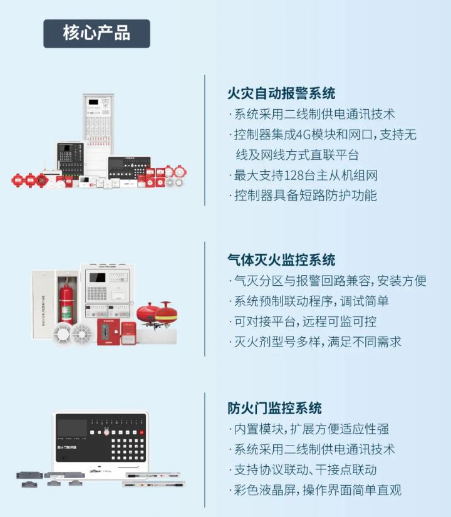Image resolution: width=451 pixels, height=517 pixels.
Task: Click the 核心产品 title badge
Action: click(x=96, y=34)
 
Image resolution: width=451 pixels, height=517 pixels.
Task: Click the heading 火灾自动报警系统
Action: click(x=281, y=93)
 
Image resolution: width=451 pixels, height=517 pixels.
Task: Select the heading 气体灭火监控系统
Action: click(x=281, y=260)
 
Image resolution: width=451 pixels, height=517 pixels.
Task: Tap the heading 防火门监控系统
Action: click(x=274, y=408)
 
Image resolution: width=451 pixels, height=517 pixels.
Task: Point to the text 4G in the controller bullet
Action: click(x=303, y=135)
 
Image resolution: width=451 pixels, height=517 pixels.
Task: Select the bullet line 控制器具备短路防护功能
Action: click(x=303, y=196)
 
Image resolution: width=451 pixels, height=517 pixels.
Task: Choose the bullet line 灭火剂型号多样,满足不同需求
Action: click(x=315, y=342)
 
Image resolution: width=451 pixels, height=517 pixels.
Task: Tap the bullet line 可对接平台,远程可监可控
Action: click(x=303, y=321)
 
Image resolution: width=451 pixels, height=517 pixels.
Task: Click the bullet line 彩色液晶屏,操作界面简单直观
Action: click(x=315, y=490)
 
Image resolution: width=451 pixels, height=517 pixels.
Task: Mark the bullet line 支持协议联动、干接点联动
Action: click(x=303, y=469)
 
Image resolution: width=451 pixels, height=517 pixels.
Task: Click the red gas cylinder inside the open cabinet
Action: click(x=66, y=304)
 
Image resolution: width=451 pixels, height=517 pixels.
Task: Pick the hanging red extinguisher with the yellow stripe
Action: click(x=166, y=312)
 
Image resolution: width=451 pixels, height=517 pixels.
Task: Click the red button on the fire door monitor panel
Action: click(x=142, y=432)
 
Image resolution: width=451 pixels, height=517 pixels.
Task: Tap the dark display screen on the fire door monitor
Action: click(x=72, y=428)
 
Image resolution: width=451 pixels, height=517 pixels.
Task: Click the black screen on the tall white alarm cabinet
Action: click(x=93, y=102)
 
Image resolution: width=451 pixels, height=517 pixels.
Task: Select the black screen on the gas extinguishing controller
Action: click(x=97, y=278)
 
